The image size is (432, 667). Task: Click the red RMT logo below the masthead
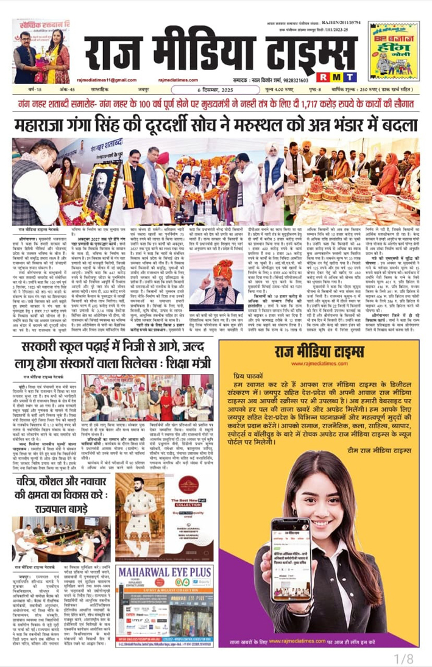click(x=318, y=78)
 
